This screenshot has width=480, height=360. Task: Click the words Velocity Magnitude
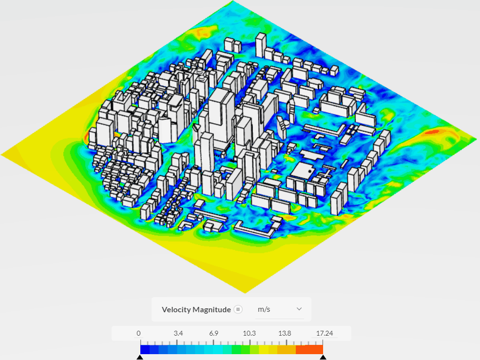(197, 309)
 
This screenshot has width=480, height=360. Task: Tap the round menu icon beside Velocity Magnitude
(238, 309)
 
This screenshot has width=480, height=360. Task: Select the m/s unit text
(264, 309)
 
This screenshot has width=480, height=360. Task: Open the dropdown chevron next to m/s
(299, 309)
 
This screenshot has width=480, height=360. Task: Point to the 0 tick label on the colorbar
(139, 333)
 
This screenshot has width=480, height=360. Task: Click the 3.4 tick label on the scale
(178, 333)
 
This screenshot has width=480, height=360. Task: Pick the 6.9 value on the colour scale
(214, 333)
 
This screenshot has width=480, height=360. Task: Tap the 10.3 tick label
(250, 333)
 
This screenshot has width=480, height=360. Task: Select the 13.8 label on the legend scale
(285, 333)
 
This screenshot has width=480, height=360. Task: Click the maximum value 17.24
(325, 333)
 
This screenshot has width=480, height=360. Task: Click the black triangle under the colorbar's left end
(140, 358)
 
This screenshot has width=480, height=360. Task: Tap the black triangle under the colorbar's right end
(323, 358)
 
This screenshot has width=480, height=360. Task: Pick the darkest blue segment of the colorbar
(145, 349)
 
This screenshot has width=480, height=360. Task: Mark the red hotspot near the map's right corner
(432, 132)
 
